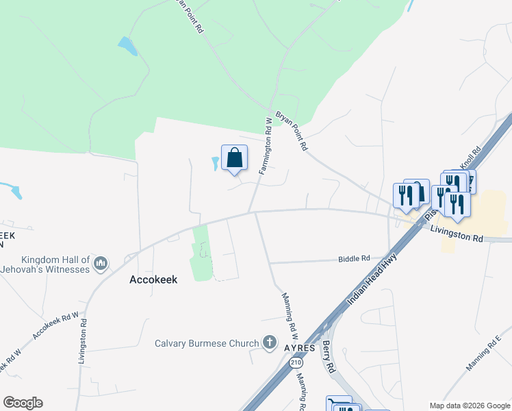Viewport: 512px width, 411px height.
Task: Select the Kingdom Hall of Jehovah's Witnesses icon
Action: (x=101, y=263)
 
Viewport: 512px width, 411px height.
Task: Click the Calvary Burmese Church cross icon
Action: (x=270, y=342)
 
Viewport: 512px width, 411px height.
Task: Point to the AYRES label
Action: (x=299, y=348)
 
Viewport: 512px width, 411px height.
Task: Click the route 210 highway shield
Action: (x=294, y=361)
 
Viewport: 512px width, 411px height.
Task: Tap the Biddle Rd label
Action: (x=354, y=258)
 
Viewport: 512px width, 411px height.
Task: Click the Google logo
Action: (x=23, y=403)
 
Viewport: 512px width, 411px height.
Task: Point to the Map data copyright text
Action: (x=470, y=406)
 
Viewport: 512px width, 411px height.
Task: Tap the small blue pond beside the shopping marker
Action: (x=215, y=164)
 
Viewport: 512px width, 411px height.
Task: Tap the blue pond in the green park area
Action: (x=127, y=47)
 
